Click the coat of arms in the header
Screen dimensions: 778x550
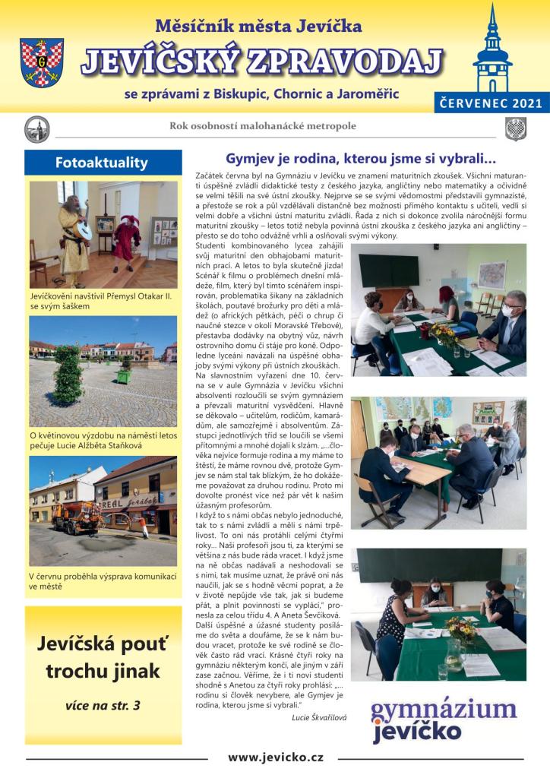pyautogui.click(x=43, y=62)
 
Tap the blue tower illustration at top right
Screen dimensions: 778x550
pyautogui.click(x=492, y=50)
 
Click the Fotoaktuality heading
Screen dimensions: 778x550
pyautogui.click(x=102, y=163)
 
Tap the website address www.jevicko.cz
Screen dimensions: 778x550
pyautogui.click(x=276, y=757)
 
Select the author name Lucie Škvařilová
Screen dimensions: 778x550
pyautogui.click(x=320, y=716)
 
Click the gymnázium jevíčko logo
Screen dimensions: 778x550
pyautogui.click(x=443, y=719)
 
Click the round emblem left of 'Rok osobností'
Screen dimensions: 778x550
pyautogui.click(x=36, y=129)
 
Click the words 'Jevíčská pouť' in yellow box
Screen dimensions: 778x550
pyautogui.click(x=103, y=646)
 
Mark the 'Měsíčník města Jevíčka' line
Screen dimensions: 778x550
pyautogui.click(x=258, y=26)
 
